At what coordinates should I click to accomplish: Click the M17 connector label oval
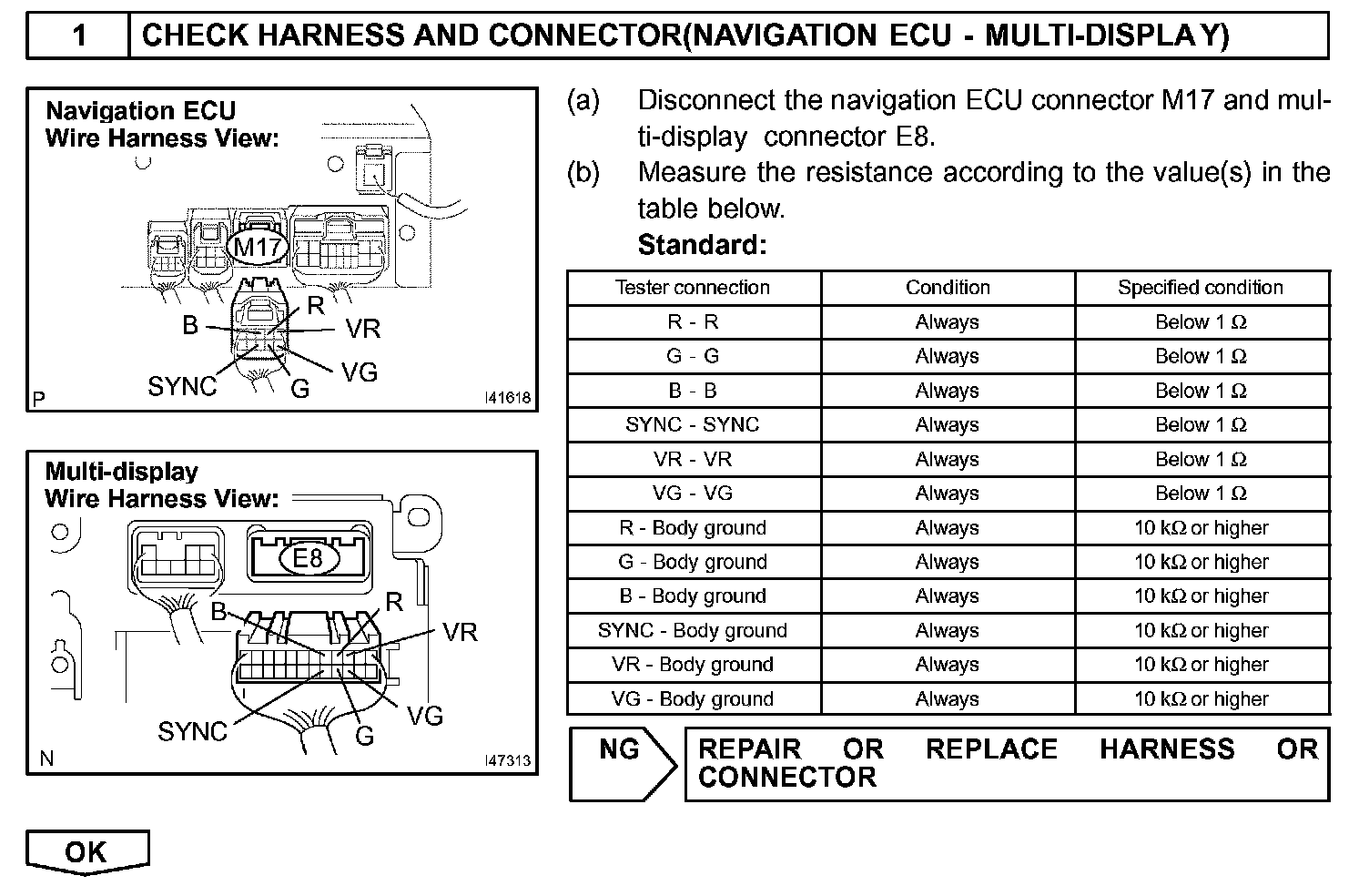coord(259,247)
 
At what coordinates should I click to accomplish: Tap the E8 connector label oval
coord(309,557)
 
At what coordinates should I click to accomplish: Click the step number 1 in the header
coord(79,36)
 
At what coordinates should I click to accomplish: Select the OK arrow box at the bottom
coord(86,852)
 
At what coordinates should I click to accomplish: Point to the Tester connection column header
coord(693,288)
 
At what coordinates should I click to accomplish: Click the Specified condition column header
coord(1201,288)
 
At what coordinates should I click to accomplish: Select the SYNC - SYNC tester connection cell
coord(693,425)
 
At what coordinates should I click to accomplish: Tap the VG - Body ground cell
coord(693,699)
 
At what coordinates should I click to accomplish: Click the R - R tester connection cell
coord(693,322)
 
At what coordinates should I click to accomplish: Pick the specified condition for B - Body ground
coord(1201,596)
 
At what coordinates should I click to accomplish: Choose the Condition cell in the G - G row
coord(947,357)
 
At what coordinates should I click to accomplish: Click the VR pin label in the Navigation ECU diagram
coord(362,329)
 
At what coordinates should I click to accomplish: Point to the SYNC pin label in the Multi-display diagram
coord(192,731)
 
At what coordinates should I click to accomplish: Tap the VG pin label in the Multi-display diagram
coord(424,716)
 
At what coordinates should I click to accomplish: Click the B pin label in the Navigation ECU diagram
coord(190,325)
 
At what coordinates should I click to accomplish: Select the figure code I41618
coord(508,398)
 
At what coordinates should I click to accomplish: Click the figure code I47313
coord(508,760)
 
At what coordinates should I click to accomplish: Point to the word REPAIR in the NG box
coord(749,749)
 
